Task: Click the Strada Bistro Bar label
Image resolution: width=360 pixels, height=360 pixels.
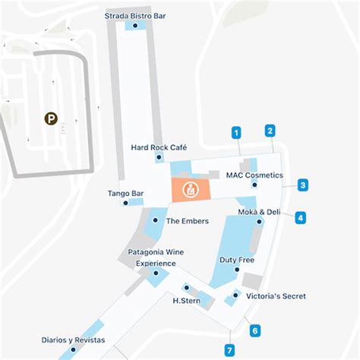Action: (135, 15)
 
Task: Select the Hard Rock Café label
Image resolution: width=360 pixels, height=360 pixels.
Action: (159, 147)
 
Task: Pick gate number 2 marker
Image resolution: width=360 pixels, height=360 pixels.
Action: (270, 130)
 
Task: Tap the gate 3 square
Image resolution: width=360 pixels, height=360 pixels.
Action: (302, 185)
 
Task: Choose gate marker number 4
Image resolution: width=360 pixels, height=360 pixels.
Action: (301, 218)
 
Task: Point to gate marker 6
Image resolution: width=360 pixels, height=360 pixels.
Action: (255, 330)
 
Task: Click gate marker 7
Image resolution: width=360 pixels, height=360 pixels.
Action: (229, 350)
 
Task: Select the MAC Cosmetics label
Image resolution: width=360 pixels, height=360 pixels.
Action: (254, 175)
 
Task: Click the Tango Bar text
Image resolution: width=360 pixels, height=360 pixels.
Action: (126, 194)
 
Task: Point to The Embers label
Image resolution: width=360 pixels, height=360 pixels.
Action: (182, 221)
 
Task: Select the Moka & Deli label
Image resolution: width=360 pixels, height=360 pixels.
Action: (259, 212)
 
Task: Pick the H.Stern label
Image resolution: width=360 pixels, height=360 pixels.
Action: (186, 301)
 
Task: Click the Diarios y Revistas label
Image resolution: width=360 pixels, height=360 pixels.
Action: (74, 339)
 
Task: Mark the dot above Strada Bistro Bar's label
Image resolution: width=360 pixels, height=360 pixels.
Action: (135, 26)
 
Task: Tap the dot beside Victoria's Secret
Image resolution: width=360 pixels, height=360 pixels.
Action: (236, 295)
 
